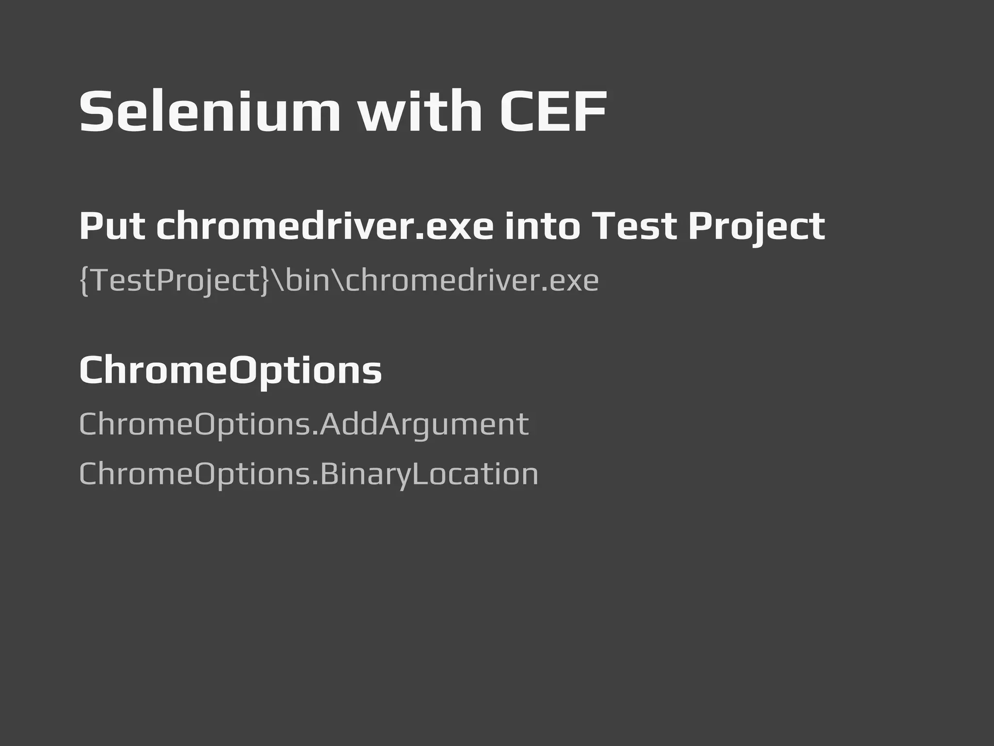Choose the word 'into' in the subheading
[542, 226]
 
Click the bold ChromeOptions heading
[231, 371]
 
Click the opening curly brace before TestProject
[84, 281]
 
